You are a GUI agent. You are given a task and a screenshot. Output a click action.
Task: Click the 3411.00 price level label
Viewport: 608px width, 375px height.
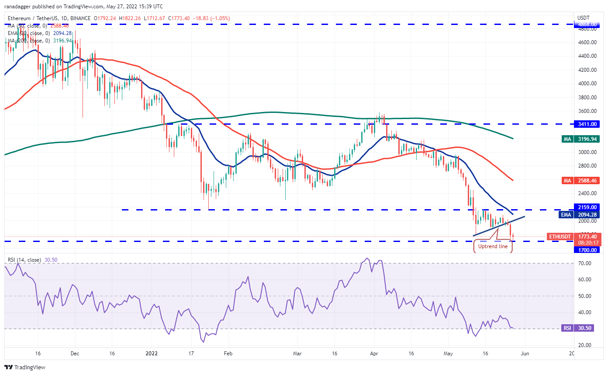click(x=585, y=124)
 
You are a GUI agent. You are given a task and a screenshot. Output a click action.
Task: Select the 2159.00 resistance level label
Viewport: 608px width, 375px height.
click(x=585, y=207)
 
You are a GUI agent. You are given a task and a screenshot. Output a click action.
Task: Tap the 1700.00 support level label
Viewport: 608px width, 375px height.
click(x=585, y=250)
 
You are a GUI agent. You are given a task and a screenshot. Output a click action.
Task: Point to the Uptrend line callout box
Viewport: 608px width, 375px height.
click(x=493, y=246)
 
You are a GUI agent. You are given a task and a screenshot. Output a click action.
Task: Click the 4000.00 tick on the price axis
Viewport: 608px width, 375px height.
click(x=585, y=84)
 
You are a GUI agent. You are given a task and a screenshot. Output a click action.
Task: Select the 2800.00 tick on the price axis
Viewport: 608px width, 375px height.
click(x=585, y=166)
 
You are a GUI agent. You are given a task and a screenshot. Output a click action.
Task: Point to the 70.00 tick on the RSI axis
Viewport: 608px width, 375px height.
click(x=585, y=263)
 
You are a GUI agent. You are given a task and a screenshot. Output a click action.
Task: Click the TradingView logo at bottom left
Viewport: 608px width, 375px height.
click(x=25, y=367)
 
